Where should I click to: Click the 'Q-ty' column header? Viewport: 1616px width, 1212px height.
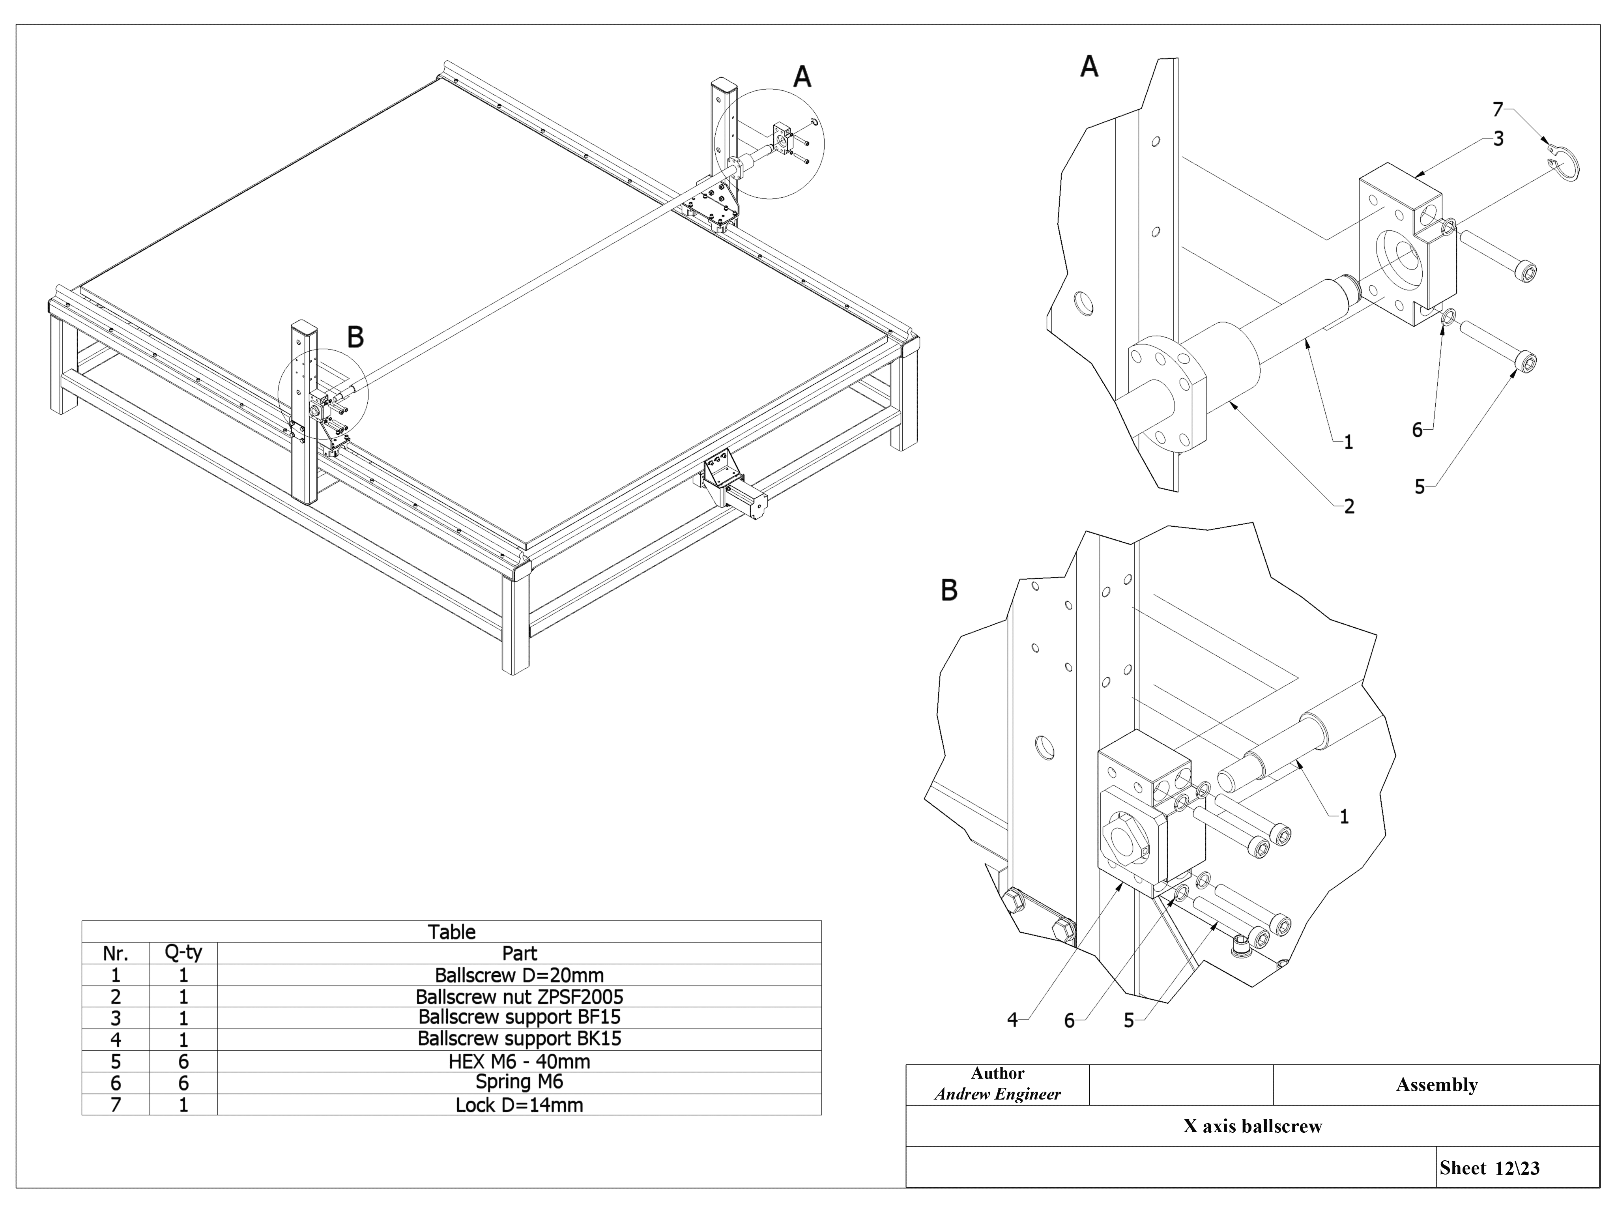[183, 953]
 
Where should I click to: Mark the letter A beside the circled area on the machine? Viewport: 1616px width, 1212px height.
[802, 77]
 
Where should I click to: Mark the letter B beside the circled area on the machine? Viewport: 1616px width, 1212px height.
[355, 337]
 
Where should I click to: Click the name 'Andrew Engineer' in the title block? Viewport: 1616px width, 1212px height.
[997, 1094]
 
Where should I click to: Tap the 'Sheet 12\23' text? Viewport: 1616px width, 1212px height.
[1490, 1168]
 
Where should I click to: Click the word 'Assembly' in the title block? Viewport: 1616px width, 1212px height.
[1436, 1085]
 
